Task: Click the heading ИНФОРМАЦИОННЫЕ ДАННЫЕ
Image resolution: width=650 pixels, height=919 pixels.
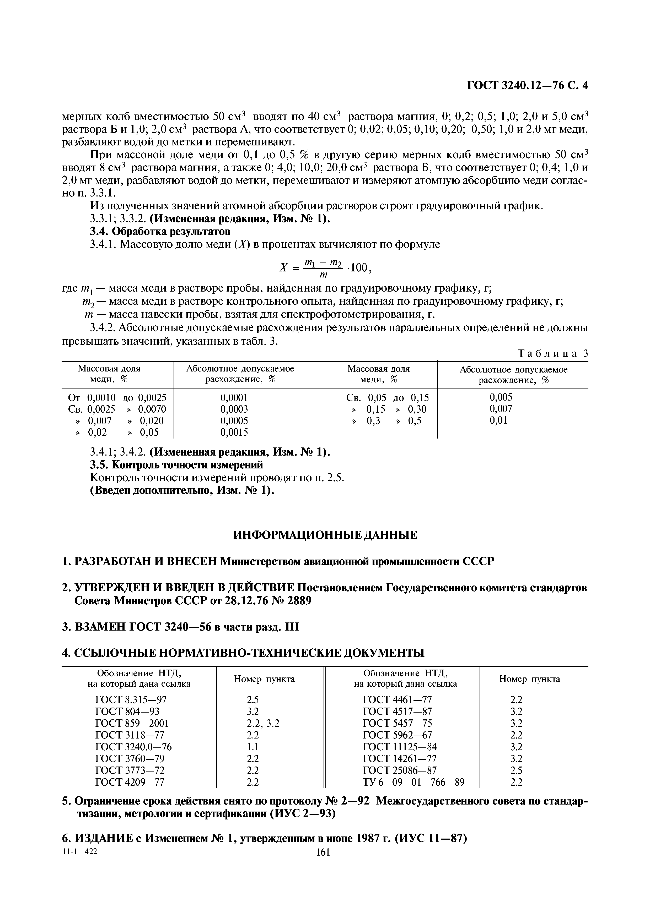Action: point(325,535)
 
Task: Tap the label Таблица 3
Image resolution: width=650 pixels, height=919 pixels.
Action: point(553,353)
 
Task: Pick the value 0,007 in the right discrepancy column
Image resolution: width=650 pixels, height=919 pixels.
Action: point(501,409)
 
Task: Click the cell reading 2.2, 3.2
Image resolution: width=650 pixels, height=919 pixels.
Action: point(263,723)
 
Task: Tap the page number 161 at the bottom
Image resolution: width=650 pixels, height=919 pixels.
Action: point(323,863)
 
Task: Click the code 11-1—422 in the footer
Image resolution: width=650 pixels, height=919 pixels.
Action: point(80,863)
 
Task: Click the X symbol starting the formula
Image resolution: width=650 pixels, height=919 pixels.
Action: point(283,268)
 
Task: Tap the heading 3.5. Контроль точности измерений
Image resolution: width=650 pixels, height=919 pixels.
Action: point(176,465)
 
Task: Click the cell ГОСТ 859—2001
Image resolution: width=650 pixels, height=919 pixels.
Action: point(132,723)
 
